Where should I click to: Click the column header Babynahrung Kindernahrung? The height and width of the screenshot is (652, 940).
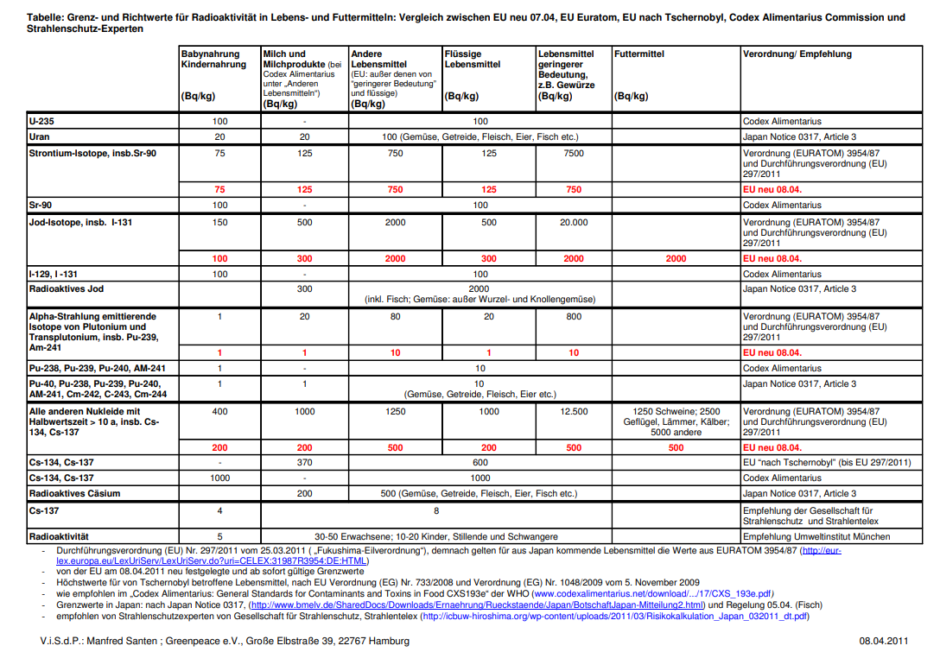tap(213, 60)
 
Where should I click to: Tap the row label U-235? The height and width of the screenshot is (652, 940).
tap(41, 122)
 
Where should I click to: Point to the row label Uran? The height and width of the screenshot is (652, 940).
tap(39, 136)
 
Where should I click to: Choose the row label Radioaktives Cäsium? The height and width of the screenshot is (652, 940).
tap(74, 494)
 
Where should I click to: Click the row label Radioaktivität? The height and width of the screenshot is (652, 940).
tap(60, 536)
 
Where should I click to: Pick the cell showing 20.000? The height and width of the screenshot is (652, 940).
tap(573, 222)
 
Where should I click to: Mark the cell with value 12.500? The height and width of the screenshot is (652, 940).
tap(574, 412)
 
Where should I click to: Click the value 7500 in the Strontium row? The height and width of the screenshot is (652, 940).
tap(574, 153)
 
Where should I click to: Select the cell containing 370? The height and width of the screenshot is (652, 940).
tap(304, 463)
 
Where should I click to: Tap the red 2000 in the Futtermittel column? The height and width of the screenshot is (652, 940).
tap(676, 258)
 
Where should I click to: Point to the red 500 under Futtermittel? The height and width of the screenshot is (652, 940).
tap(676, 447)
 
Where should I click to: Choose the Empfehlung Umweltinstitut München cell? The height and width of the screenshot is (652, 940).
tap(817, 536)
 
